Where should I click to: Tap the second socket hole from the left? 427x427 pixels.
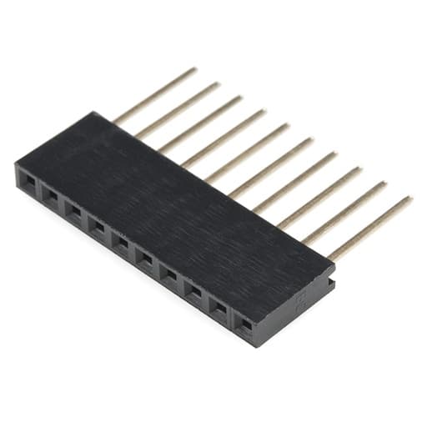[x=51, y=194]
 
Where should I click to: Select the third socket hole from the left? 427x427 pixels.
[x=74, y=210]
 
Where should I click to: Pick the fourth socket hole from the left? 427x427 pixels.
[x=98, y=226]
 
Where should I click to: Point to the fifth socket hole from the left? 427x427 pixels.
[x=122, y=242]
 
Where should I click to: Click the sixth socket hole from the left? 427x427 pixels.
[x=146, y=258]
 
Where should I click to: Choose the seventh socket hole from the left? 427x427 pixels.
[x=169, y=274]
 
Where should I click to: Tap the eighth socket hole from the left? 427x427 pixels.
[x=193, y=290]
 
